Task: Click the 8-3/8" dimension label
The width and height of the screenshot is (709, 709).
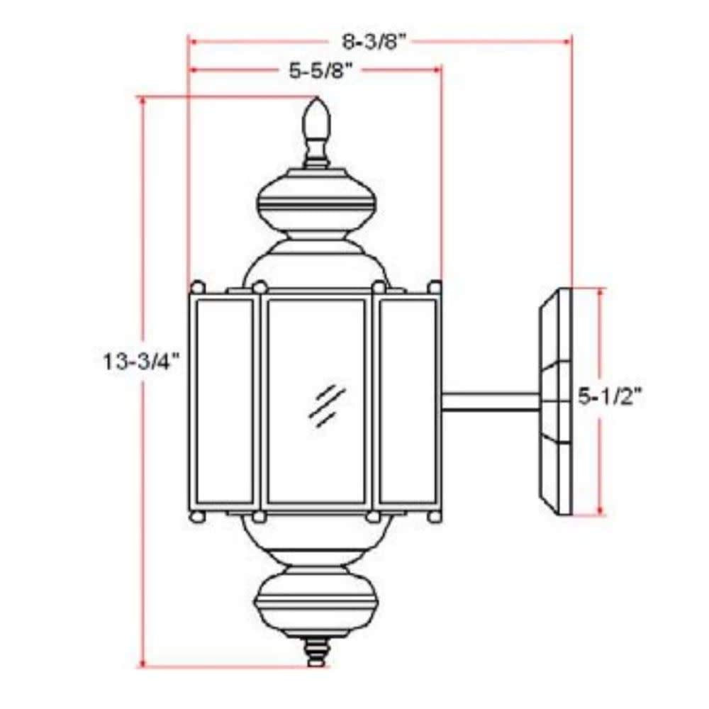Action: [375, 43]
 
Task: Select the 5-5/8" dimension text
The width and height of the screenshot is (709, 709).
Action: [320, 70]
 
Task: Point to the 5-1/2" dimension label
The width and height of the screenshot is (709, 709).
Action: [610, 397]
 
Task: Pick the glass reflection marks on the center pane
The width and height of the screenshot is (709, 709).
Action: [326, 405]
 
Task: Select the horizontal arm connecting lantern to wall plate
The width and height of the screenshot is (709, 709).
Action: [491, 401]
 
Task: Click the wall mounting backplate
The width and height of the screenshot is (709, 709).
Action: [556, 401]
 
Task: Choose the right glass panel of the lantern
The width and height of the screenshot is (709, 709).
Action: [408, 401]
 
